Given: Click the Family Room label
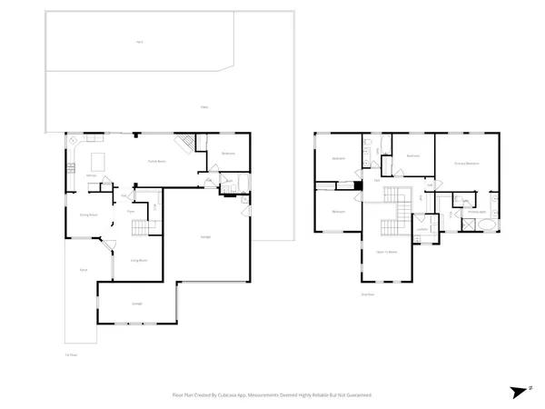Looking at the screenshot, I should coord(156,161).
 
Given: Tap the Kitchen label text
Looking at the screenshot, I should coord(92,175).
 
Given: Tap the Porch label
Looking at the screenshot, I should coord(83,270).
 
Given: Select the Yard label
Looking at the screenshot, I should coord(140,42).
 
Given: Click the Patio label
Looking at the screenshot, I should coord(205,107).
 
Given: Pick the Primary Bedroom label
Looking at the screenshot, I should coord(466,163).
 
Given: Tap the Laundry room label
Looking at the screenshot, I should coord(422,228).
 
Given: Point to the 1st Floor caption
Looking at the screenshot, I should coord(70,354).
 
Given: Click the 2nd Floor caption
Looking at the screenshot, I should coord(367,294).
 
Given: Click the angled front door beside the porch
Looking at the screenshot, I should coord(107,247).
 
